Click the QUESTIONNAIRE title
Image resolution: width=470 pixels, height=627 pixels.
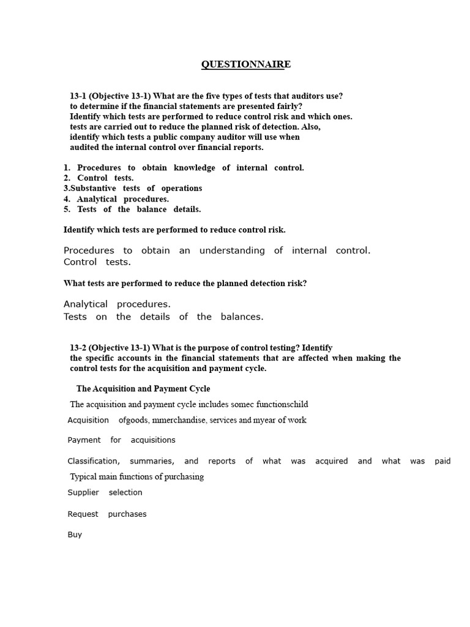tap(243, 65)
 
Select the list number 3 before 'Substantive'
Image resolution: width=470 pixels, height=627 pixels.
tap(66, 189)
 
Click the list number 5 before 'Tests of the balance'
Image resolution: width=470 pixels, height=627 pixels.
tap(67, 209)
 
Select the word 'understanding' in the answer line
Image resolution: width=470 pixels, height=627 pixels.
tap(232, 250)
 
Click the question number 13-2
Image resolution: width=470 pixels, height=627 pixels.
tap(80, 348)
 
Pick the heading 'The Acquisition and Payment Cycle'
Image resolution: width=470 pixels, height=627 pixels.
tap(143, 389)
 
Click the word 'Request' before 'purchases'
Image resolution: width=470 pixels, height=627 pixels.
tap(83, 514)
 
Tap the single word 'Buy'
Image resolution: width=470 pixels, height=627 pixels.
tap(75, 535)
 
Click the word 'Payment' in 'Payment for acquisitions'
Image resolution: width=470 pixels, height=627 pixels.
tap(84, 440)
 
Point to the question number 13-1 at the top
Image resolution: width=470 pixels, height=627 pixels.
tap(80, 96)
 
